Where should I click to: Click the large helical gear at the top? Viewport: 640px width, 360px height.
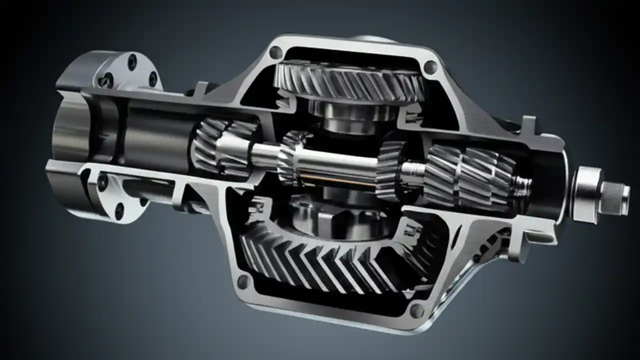click(350, 80)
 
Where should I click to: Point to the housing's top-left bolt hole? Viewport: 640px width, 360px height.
click(275, 52)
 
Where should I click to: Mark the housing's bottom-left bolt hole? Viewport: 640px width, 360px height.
click(243, 281)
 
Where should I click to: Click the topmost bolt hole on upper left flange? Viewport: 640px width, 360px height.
click(132, 62)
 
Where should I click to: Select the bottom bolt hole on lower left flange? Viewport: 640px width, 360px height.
click(119, 211)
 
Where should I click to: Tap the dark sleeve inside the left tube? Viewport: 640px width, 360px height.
click(155, 135)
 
